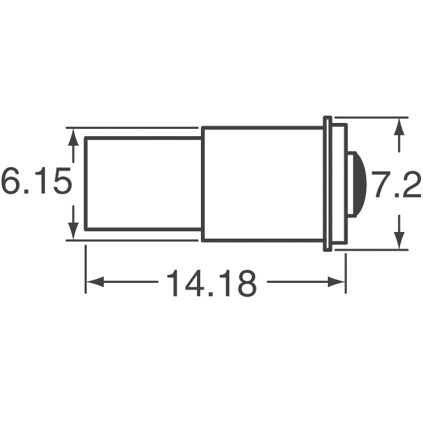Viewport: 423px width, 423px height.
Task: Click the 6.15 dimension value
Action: click(x=36, y=183)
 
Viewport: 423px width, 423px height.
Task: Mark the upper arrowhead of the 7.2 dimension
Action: click(x=398, y=126)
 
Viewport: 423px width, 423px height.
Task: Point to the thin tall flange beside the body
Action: click(x=326, y=183)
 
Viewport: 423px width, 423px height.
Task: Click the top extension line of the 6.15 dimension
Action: click(x=132, y=127)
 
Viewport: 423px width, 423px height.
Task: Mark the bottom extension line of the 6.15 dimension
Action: click(x=132, y=241)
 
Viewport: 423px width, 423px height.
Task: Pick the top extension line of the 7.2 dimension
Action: click(x=373, y=118)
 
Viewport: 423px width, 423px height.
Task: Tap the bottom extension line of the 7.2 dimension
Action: click(x=373, y=250)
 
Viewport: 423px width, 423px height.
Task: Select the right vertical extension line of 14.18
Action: click(x=346, y=271)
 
